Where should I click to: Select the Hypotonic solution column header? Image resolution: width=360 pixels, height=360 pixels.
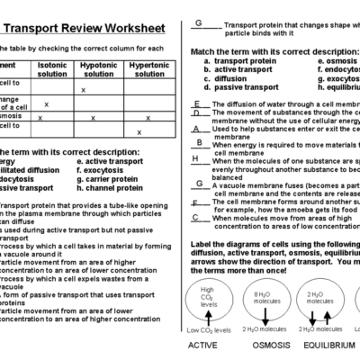(x=98, y=68)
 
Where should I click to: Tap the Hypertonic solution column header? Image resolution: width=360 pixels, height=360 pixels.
(x=148, y=68)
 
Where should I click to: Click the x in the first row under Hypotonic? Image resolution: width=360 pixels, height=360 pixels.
(x=83, y=90)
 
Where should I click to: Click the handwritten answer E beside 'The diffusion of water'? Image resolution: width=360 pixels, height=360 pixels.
(x=196, y=103)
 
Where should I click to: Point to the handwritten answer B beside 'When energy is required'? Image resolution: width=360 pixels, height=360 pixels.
(x=196, y=142)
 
